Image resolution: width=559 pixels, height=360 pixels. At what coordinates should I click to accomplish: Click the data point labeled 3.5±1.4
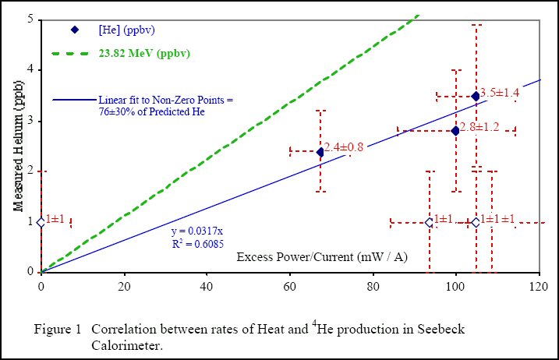tap(476, 96)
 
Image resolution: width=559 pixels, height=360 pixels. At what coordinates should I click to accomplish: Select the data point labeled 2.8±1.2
tap(455, 130)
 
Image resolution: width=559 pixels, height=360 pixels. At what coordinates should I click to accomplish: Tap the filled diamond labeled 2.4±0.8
tap(320, 152)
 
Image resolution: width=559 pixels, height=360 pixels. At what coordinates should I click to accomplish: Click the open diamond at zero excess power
tap(41, 222)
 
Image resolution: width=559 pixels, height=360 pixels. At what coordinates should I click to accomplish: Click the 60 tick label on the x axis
tap(290, 285)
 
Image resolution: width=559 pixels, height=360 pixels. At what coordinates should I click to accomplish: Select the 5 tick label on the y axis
tap(30, 19)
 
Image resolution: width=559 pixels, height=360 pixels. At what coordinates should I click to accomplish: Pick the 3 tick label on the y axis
tap(30, 120)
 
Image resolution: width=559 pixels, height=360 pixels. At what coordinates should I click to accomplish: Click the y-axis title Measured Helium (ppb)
tap(18, 146)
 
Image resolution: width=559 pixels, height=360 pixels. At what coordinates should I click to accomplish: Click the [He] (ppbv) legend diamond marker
tap(75, 30)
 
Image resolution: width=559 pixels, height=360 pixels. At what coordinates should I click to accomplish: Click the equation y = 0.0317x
tap(197, 231)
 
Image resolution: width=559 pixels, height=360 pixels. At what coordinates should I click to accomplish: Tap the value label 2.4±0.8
tap(344, 146)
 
